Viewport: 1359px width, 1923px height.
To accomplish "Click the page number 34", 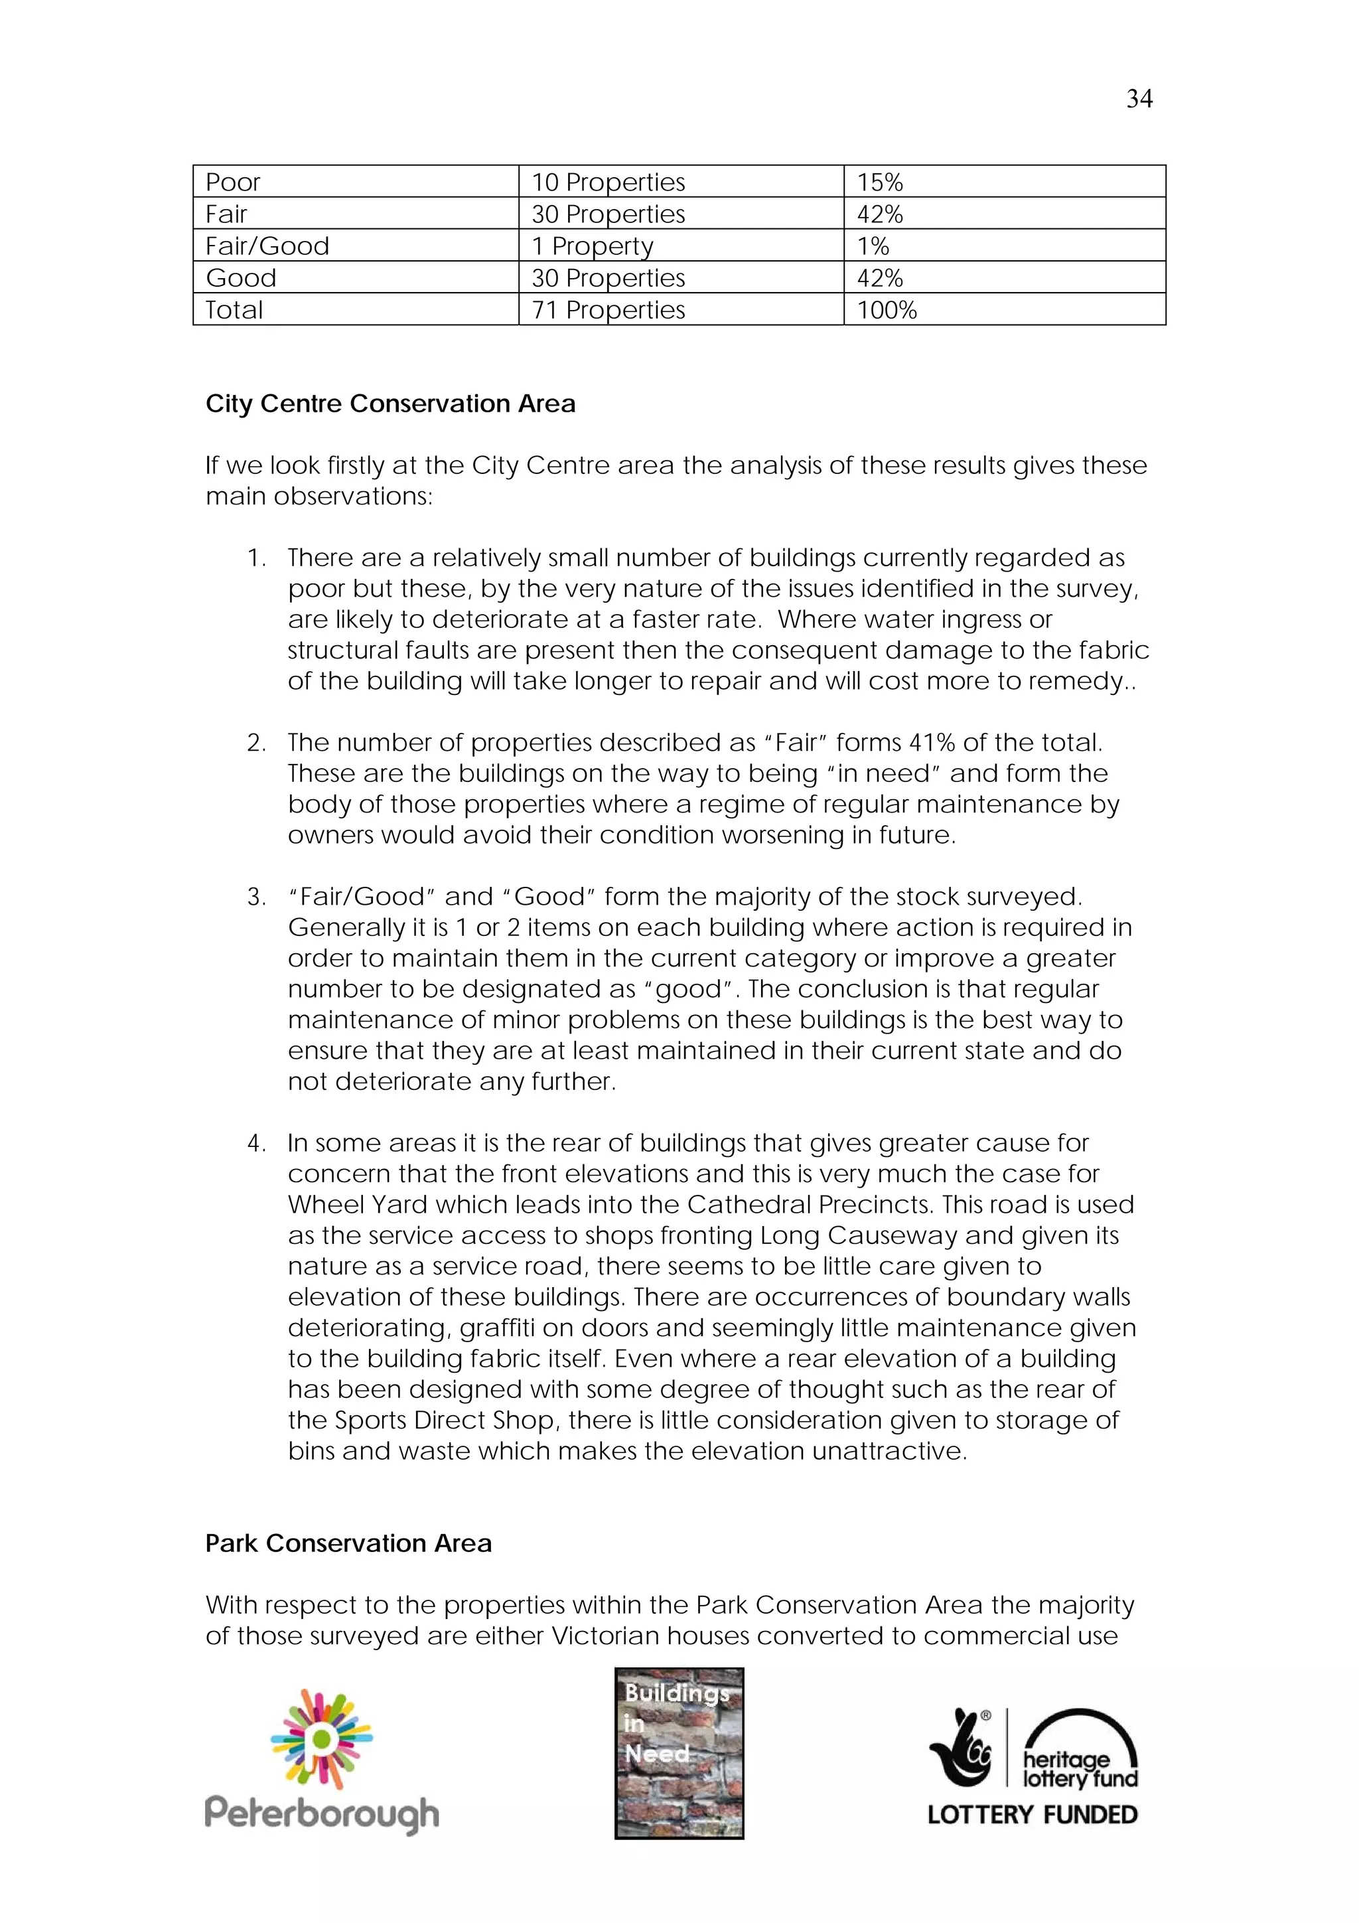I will coord(1139,99).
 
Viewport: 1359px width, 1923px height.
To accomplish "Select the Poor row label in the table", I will coord(233,182).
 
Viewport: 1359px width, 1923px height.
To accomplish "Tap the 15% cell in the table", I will coord(879,182).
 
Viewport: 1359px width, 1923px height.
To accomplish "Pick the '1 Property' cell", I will coord(592,246).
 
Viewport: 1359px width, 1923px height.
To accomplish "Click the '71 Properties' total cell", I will coord(608,310).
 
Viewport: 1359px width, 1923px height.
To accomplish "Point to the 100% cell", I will coord(886,310).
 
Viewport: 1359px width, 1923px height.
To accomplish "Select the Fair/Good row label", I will coord(267,246).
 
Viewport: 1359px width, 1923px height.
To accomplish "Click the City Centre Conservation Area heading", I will coord(390,404).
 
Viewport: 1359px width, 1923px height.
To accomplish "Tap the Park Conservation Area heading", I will coord(348,1543).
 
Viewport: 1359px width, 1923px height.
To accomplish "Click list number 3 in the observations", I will coord(256,897).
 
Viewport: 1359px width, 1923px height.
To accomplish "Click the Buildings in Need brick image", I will coord(679,1753).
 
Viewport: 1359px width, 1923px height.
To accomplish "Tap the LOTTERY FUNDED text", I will coord(1032,1815).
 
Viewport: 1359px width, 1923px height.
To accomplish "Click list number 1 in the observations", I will coord(256,558).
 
